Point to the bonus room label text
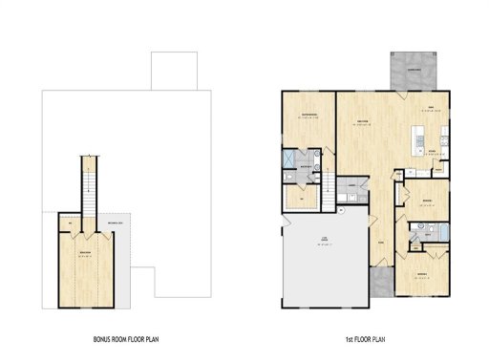coord(86,253)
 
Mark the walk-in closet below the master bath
coord(307,196)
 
